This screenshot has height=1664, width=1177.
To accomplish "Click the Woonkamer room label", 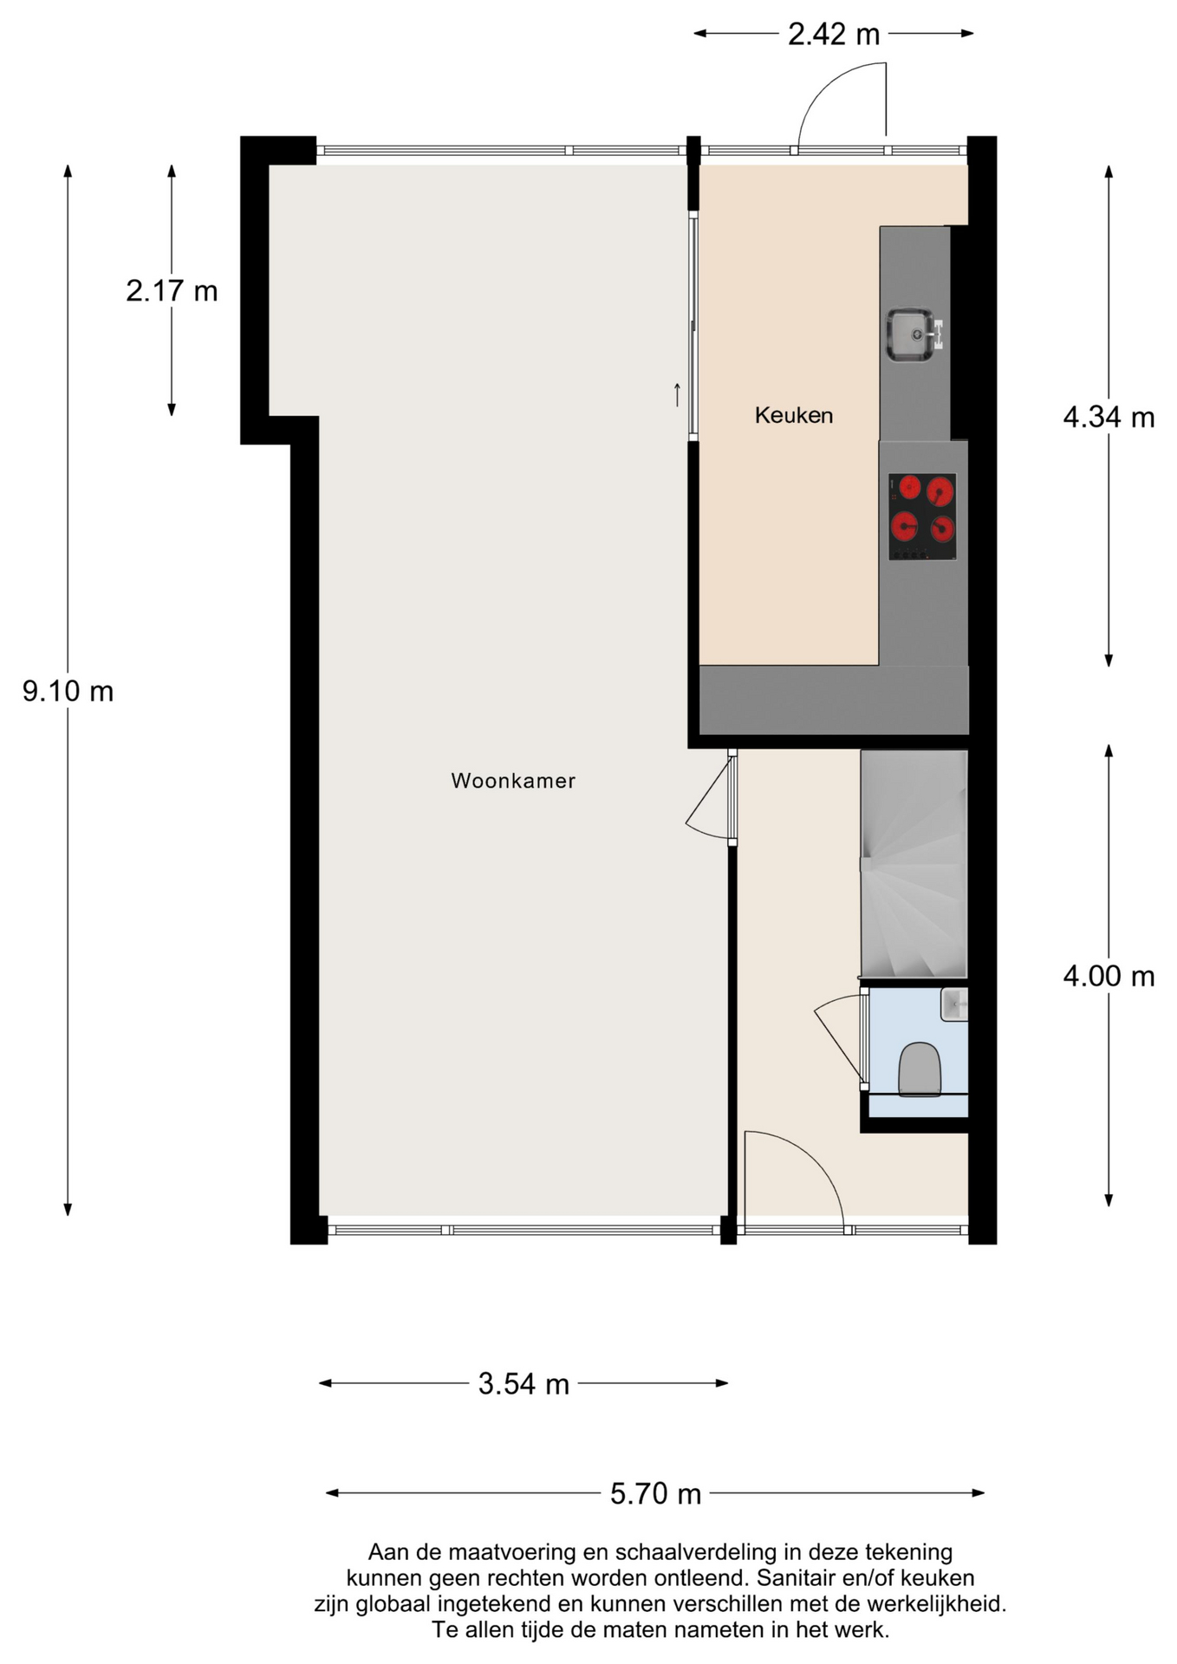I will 513,780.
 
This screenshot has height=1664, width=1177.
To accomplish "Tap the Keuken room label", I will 793,415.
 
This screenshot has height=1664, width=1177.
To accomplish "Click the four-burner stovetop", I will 922,517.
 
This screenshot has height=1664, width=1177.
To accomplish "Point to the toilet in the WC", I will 919,1069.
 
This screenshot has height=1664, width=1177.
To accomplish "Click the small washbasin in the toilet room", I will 954,1004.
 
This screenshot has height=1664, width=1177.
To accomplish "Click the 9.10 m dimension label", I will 68,692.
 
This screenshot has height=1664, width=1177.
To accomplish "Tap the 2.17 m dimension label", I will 172,291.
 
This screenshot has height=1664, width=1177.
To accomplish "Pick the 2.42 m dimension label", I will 833,35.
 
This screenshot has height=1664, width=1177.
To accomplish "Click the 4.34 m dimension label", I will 1109,418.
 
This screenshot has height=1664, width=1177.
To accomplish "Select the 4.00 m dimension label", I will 1109,977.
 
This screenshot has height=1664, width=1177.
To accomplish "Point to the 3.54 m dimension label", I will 523,1384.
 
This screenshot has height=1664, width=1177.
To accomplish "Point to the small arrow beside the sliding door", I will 677,394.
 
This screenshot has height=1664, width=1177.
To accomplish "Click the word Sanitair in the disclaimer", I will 796,1577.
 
